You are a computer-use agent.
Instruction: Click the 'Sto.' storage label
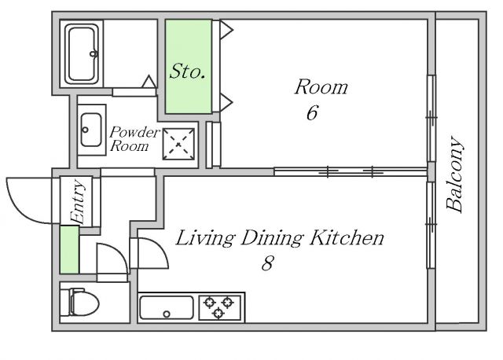[187, 71]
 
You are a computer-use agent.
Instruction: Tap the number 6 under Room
[312, 112]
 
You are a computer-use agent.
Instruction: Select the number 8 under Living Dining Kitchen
[267, 263]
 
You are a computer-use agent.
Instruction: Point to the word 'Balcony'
[455, 174]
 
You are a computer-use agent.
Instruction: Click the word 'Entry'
[78, 201]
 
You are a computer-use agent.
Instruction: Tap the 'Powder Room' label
[134, 139]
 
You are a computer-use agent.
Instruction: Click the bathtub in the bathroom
[82, 53]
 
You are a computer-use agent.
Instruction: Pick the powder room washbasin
[91, 130]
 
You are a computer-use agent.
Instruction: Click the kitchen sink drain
[167, 314]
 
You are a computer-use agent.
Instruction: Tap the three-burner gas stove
[220, 307]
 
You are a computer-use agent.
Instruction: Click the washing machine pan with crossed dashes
[178, 144]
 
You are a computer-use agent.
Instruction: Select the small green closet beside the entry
[70, 250]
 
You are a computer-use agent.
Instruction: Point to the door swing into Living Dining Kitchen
[157, 245]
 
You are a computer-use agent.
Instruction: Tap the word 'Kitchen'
[347, 237]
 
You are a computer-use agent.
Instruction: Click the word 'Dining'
[272, 239]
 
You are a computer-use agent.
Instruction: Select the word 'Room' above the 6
[321, 87]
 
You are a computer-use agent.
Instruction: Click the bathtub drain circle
[94, 53]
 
